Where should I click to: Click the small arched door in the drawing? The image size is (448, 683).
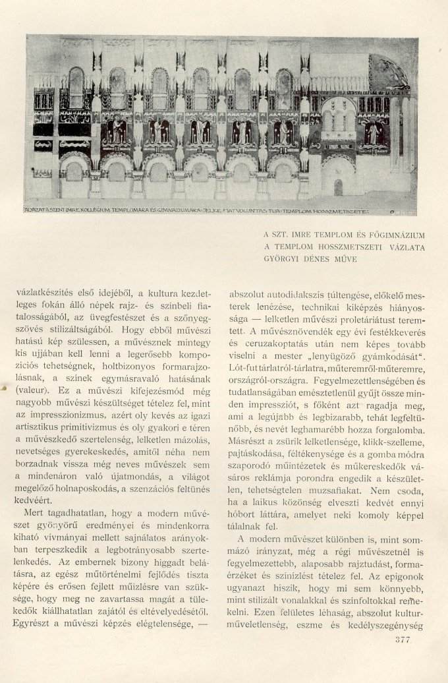pos(338,187)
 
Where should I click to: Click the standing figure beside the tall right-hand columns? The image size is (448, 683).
pos(374,134)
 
